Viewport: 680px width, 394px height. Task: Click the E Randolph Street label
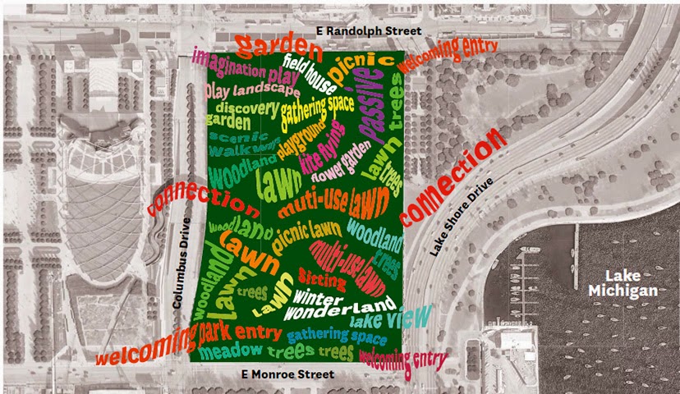coord(369,30)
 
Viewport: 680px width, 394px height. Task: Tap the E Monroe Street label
coord(287,374)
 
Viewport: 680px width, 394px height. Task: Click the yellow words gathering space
coord(317,110)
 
